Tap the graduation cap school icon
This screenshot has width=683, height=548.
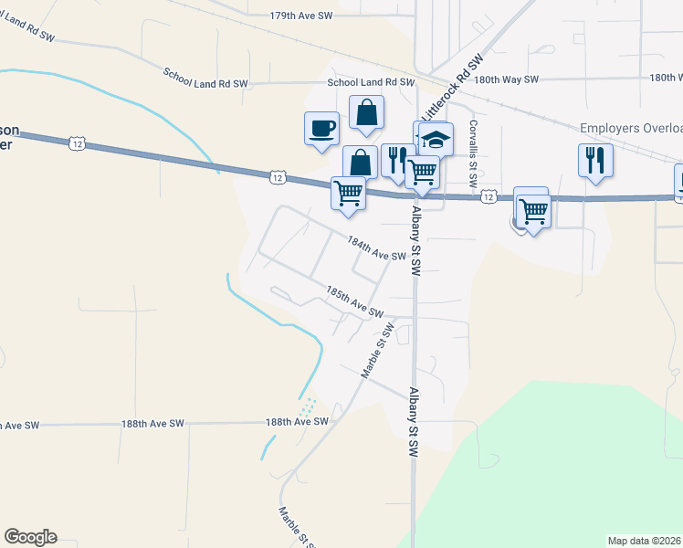tap(436, 140)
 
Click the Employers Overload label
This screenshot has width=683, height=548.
tap(631, 129)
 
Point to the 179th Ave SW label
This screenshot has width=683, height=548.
tap(305, 16)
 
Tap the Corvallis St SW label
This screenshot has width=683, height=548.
tap(474, 154)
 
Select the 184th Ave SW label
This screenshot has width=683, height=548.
tap(375, 248)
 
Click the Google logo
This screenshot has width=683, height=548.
tap(30, 537)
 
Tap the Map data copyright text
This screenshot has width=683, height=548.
tap(645, 541)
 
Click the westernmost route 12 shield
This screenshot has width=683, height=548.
tap(77, 142)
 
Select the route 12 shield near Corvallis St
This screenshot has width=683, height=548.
tap(489, 196)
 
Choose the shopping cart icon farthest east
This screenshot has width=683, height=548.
tap(533, 211)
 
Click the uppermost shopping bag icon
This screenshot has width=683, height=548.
tap(366, 113)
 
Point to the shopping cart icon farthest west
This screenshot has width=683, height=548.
tap(348, 194)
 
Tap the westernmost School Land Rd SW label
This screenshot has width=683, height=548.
tap(205, 78)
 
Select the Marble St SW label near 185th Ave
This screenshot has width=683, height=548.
tap(376, 351)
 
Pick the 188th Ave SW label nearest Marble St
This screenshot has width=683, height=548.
tap(297, 421)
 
